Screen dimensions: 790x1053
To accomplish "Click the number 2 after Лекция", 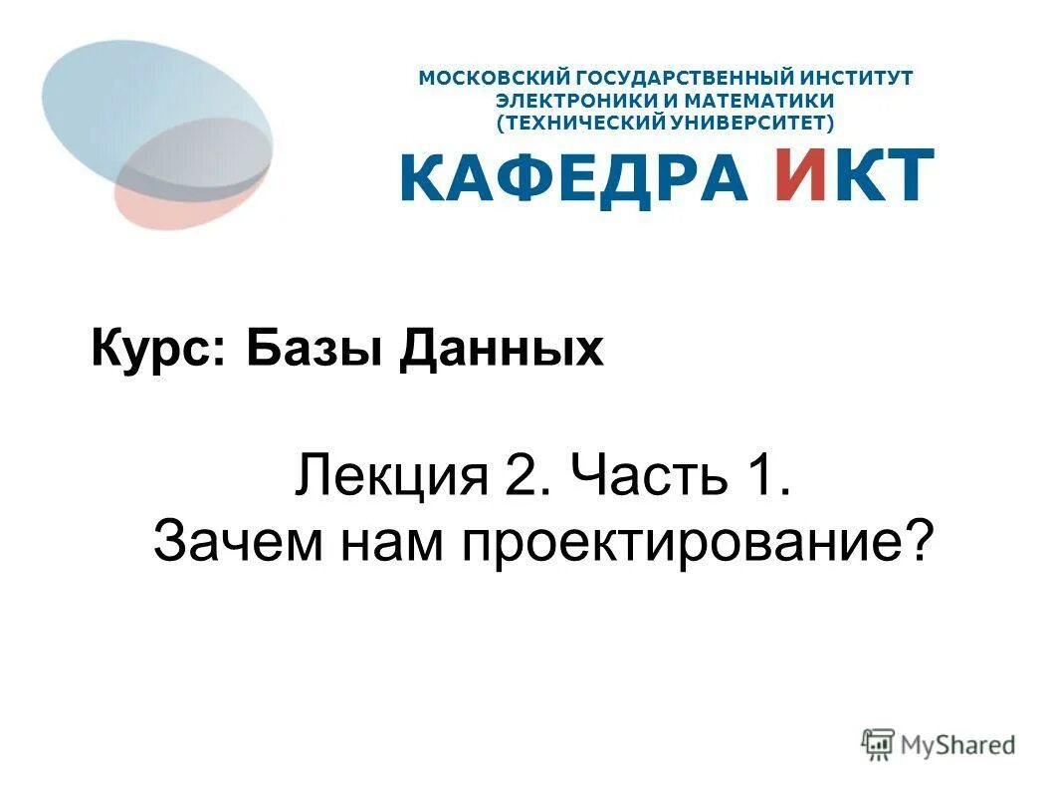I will [524, 477].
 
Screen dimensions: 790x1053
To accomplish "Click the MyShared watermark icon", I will [879, 743].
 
